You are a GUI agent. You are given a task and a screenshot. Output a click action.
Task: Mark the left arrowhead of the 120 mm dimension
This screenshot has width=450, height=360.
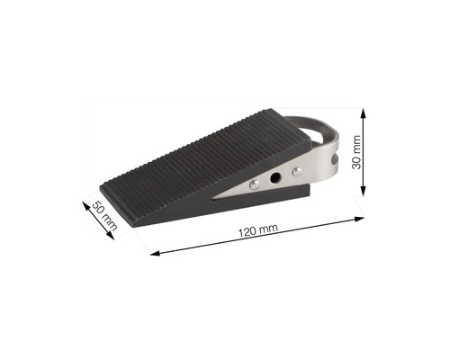[x=154, y=253]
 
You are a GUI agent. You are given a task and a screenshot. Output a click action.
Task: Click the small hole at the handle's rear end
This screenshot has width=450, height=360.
[x=334, y=160]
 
